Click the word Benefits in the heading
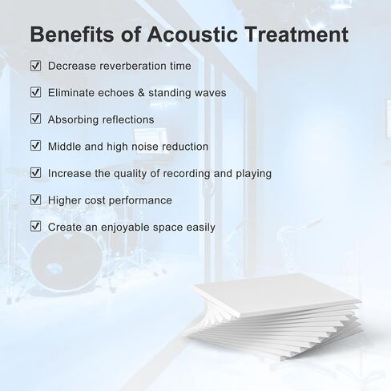pyautogui.click(x=72, y=34)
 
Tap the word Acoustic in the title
pyautogui.click(x=192, y=34)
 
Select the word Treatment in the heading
pyautogui.click(x=296, y=34)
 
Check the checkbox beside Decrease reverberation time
pyautogui.click(x=35, y=66)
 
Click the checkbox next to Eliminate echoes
pyautogui.click(x=35, y=92)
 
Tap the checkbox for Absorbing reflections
pyautogui.click(x=35, y=119)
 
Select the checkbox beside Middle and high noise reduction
pyautogui.click(x=35, y=146)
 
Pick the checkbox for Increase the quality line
pyautogui.click(x=35, y=173)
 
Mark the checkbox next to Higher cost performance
pyautogui.click(x=35, y=200)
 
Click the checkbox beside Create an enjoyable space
pyautogui.click(x=35, y=227)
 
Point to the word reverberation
pyautogui.click(x=133, y=66)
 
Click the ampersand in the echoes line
pyautogui.click(x=141, y=93)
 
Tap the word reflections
pyautogui.click(x=128, y=119)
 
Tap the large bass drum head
pyautogui.click(x=67, y=260)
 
